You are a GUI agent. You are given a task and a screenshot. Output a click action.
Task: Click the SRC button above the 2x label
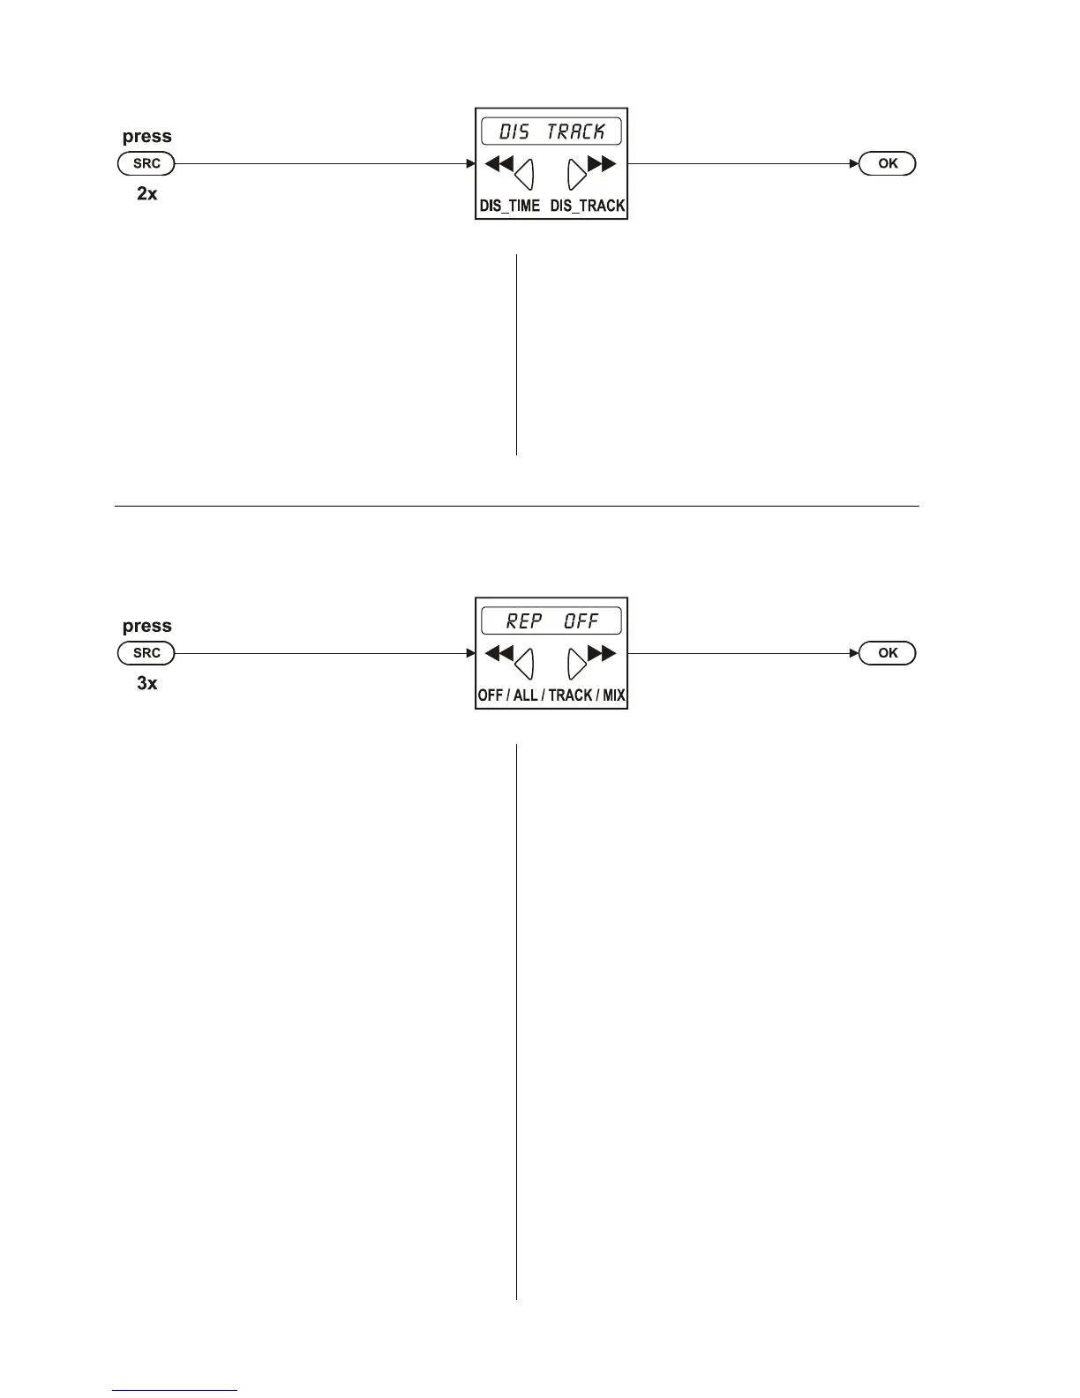point(146,163)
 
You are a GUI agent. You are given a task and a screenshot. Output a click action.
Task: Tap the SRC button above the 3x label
point(146,653)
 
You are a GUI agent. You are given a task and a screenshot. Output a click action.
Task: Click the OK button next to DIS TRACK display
point(888,163)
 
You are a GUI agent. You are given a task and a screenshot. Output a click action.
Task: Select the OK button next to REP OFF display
point(888,653)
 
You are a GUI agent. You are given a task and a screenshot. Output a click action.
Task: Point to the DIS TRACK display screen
point(551,132)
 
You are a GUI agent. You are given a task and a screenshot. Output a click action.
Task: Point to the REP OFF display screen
point(551,621)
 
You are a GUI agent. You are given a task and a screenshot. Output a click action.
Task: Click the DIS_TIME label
point(509,206)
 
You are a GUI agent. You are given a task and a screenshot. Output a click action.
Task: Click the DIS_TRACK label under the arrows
point(588,206)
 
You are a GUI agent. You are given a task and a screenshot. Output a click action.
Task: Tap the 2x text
point(146,193)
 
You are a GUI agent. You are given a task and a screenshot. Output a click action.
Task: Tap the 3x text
point(146,683)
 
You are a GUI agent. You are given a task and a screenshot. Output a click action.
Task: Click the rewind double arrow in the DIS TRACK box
point(499,163)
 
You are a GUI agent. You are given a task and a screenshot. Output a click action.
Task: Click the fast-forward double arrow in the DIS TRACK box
point(603,163)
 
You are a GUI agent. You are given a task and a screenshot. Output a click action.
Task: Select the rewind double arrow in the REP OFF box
point(499,653)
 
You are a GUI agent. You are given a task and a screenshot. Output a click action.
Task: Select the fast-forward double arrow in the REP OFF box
point(603,653)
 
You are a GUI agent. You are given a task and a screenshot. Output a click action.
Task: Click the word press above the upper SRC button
point(146,137)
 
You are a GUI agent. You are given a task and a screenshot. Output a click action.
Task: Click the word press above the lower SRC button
point(146,627)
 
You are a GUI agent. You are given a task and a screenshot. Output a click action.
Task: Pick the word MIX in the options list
point(614,695)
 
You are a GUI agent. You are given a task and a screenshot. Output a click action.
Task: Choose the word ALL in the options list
point(525,695)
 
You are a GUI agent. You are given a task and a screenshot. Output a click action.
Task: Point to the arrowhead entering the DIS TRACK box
point(470,163)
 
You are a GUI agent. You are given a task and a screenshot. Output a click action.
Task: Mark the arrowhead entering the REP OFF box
point(470,653)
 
